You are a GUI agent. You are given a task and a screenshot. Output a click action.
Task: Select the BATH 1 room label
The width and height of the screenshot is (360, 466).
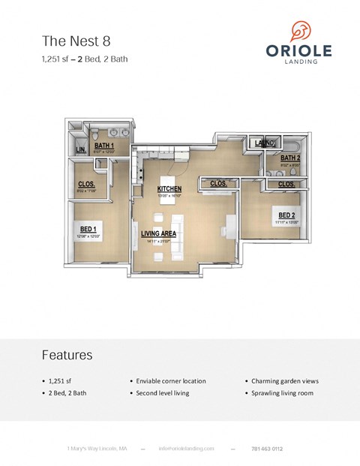[103, 146]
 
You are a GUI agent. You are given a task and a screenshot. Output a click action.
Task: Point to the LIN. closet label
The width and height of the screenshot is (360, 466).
[82, 150]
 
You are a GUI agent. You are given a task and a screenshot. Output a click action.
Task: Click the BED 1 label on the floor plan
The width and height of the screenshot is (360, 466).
[88, 229]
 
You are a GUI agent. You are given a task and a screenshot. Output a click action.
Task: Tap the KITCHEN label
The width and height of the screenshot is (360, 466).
[169, 188]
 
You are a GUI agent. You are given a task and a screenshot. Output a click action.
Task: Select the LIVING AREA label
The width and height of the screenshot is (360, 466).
[158, 233]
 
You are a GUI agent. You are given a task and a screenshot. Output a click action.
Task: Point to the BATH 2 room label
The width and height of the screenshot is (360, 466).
[290, 158]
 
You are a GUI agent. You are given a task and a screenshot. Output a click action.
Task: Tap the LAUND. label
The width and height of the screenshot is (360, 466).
[265, 143]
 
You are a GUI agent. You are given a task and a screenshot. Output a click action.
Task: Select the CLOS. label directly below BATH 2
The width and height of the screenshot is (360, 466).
[286, 184]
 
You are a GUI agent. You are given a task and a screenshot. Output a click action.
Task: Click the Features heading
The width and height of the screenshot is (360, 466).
[67, 354]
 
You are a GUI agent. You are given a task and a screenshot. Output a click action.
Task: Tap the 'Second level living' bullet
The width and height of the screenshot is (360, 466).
[162, 392]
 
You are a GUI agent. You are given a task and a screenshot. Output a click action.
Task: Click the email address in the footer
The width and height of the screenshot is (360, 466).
[186, 448]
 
